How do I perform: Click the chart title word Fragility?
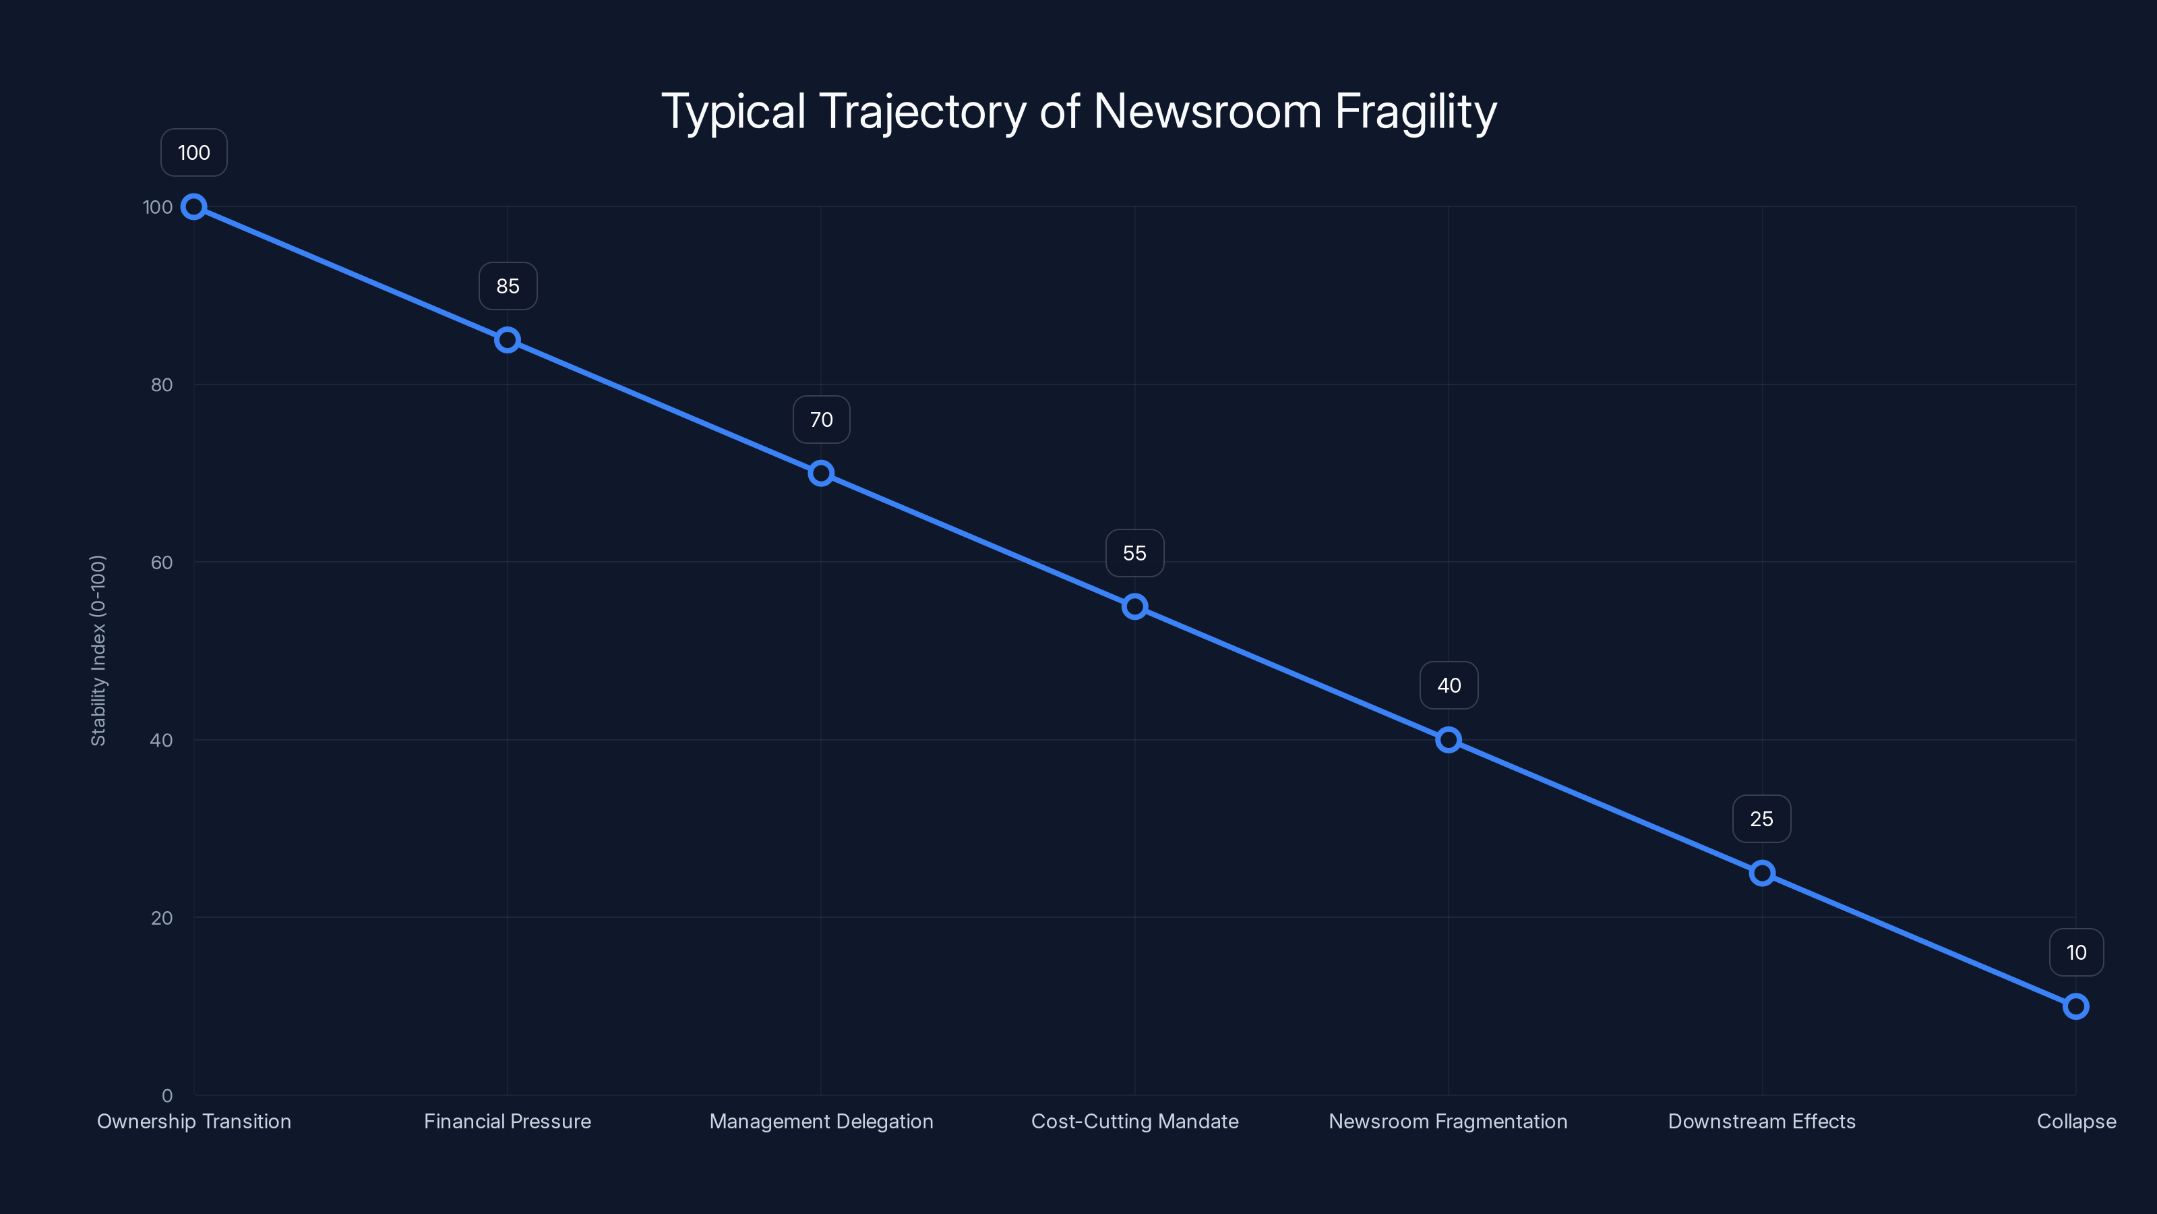click(1415, 111)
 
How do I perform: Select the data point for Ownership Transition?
click(194, 207)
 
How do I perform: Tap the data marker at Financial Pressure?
click(508, 340)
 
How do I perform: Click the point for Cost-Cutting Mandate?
click(1134, 606)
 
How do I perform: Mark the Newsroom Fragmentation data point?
click(1449, 740)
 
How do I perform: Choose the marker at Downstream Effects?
click(1762, 873)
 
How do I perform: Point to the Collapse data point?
click(2076, 1006)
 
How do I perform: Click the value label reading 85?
click(508, 287)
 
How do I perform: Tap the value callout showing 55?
click(1134, 553)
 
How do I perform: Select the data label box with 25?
click(1762, 819)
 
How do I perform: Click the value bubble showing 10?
click(2076, 952)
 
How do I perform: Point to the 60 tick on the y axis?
click(162, 563)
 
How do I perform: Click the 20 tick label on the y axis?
click(162, 918)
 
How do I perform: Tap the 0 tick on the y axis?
click(166, 1096)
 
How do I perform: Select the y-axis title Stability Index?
click(98, 650)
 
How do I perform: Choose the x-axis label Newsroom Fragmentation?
click(1448, 1122)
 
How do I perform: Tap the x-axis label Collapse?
click(2076, 1122)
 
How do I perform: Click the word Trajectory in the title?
click(922, 111)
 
